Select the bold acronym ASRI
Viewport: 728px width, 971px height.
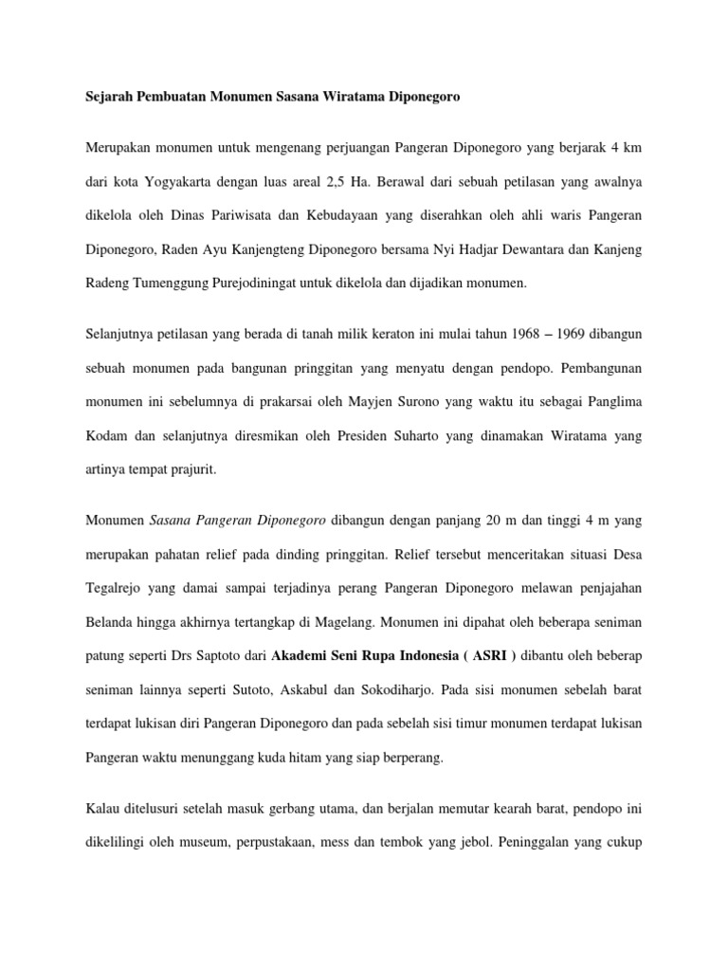point(456,656)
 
